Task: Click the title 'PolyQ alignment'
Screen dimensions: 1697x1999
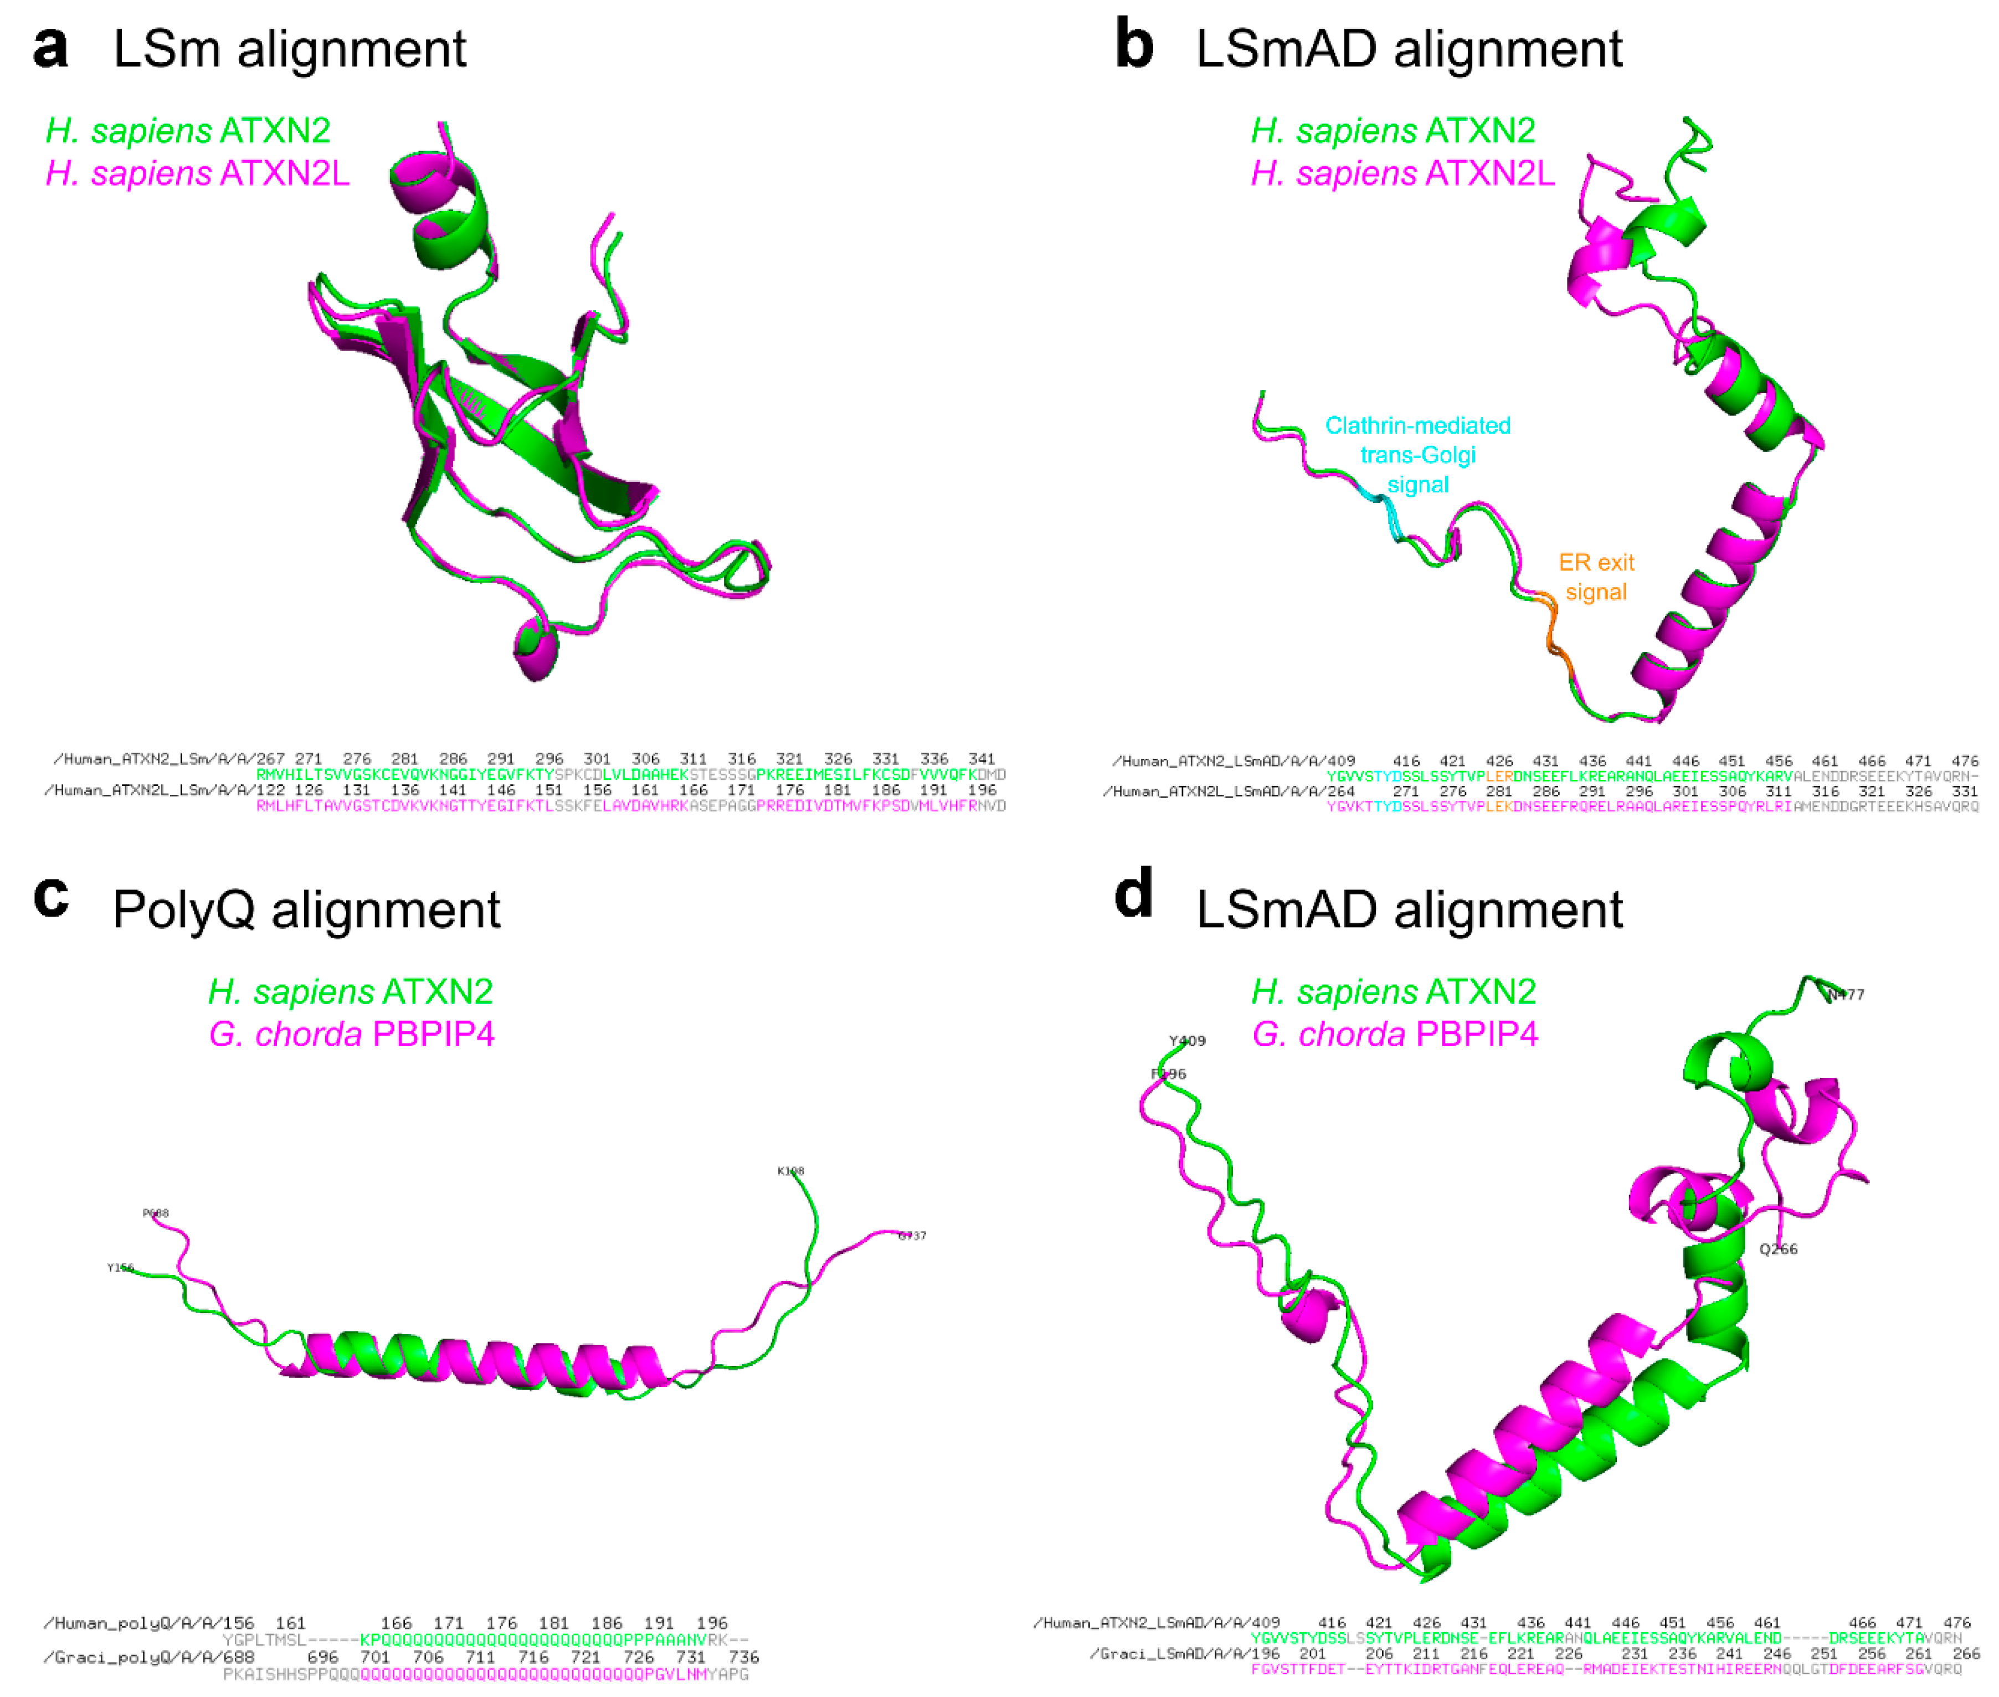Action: (x=306, y=909)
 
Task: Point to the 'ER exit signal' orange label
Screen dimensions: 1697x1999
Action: (x=1596, y=577)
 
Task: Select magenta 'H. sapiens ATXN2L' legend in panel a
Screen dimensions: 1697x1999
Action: (x=197, y=173)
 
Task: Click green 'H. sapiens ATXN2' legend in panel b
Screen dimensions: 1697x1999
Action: (x=1393, y=130)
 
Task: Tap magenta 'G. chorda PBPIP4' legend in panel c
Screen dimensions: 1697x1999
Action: (x=351, y=1034)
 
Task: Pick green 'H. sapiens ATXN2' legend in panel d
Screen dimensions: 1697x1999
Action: (x=1393, y=991)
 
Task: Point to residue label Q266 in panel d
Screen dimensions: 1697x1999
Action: (x=1778, y=1249)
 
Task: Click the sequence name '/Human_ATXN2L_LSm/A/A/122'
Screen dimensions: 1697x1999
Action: (x=163, y=790)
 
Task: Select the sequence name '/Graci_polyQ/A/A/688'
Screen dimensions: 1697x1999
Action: (x=149, y=1657)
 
